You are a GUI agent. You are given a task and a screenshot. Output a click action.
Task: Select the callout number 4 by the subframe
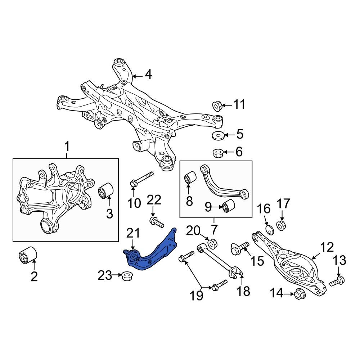coord(148,75)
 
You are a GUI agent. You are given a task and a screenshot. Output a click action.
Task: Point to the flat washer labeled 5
coord(218,135)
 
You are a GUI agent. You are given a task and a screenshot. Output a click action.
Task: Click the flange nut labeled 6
coord(218,153)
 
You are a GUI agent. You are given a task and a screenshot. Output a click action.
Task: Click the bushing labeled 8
coord(190,178)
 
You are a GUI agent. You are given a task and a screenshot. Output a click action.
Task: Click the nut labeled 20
coord(212,243)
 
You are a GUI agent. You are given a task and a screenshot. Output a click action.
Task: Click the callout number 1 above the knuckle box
coord(67,147)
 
